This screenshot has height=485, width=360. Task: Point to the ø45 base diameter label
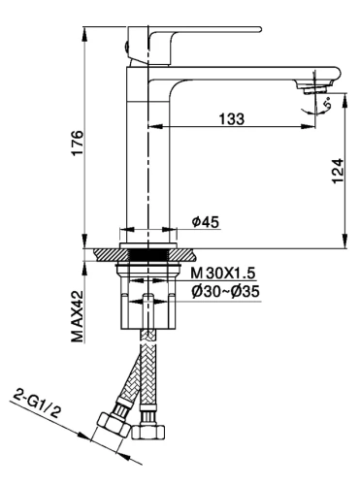[206, 222]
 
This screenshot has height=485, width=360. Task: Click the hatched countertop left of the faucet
[104, 253]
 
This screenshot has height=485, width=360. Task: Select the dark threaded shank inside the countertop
[148, 254]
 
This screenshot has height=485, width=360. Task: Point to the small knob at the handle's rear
[129, 45]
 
